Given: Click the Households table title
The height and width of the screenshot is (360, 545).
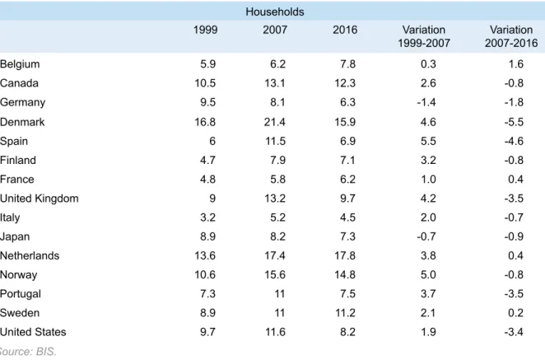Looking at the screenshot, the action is point(275,12).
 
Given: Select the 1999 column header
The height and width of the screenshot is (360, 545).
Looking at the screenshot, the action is point(206,30).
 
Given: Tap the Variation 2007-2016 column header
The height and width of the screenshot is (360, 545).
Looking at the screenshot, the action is point(511,36).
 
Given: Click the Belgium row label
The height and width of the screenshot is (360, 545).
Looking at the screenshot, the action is point(20,64).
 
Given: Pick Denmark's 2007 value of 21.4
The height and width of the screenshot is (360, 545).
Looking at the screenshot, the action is point(275,122).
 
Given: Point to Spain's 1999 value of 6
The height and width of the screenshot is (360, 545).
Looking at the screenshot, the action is point(212,141).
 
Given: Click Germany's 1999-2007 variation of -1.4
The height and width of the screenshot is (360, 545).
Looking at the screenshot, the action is point(426,102).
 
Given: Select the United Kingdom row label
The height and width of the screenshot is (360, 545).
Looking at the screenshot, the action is point(40,199).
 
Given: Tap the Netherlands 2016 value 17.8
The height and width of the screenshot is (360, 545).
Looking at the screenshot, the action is point(345,255).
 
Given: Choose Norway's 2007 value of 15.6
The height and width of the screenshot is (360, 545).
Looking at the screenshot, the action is point(275,275).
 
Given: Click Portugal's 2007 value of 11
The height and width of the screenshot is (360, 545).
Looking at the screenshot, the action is point(280,294).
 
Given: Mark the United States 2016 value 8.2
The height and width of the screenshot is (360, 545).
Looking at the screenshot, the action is point(347,332).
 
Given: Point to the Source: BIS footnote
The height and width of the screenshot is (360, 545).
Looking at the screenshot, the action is point(28,352).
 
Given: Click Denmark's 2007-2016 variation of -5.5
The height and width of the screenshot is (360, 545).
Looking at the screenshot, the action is point(514,122).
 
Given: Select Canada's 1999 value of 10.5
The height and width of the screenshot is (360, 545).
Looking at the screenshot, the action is point(205,83).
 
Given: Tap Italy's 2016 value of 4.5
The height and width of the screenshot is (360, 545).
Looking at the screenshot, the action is point(347,217).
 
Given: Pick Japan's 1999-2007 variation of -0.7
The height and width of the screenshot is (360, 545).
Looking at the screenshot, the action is point(426,236).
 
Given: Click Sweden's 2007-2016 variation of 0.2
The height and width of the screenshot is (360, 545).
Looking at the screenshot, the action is point(516,313).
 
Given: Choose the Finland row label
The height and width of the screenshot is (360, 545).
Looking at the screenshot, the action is point(18,161).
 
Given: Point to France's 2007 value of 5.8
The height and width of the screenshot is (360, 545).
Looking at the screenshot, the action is point(277,180).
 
